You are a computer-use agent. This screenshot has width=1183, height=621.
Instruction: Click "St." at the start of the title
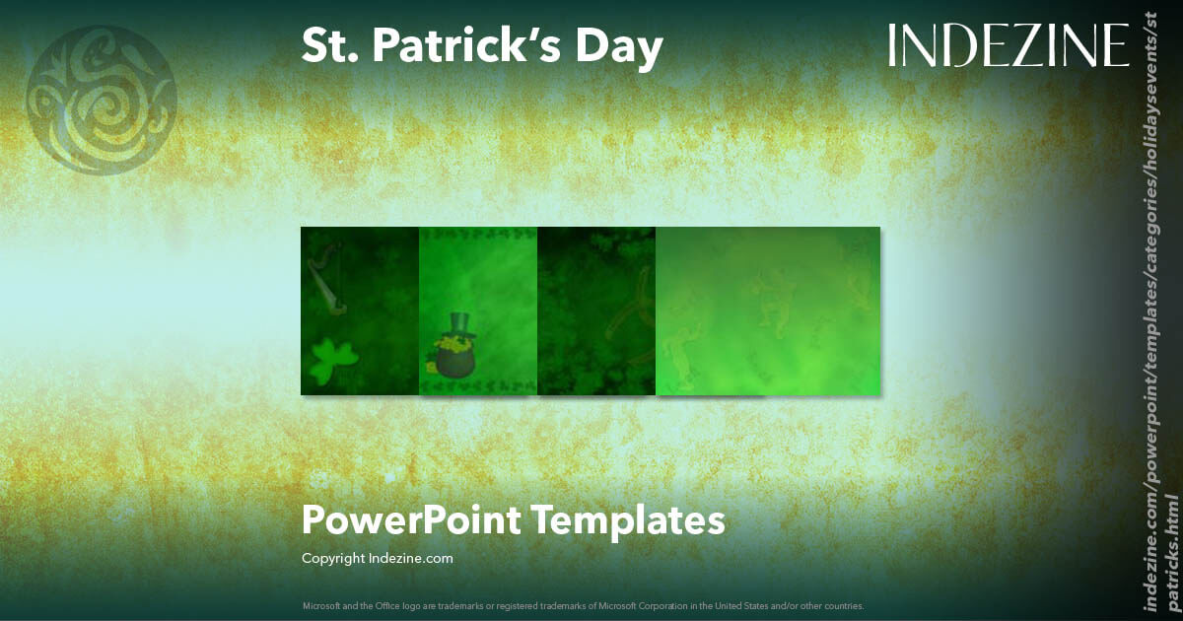coord(328,47)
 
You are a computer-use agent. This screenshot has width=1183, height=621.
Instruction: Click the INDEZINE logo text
coord(1008,46)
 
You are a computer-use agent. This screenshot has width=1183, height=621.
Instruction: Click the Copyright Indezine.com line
coord(377,558)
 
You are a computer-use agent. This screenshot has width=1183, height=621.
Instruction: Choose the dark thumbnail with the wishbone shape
coord(596,310)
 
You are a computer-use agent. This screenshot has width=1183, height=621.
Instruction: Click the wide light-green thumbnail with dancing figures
coord(767,310)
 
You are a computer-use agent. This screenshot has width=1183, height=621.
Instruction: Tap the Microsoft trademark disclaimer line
coord(583,605)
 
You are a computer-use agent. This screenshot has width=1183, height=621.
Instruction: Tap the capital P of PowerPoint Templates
coord(313,519)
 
